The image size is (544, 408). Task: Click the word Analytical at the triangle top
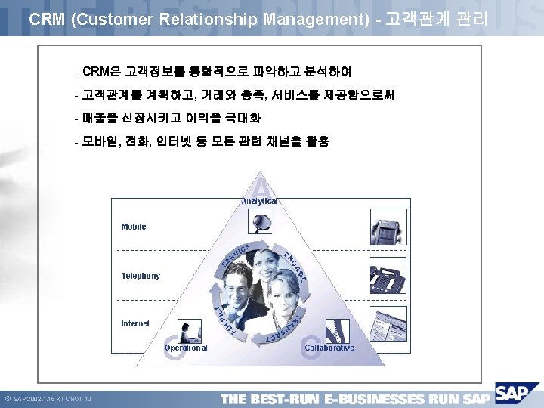click(x=259, y=201)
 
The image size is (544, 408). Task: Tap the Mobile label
click(x=134, y=227)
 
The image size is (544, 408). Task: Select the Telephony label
click(x=141, y=276)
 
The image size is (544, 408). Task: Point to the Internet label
click(x=135, y=323)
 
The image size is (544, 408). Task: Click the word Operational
click(x=186, y=348)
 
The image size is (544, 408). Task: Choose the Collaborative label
click(x=329, y=348)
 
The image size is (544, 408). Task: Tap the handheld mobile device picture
click(x=388, y=227)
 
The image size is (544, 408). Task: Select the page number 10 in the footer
click(x=88, y=398)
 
